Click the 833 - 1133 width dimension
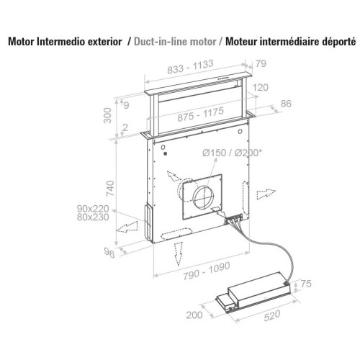pyautogui.click(x=190, y=67)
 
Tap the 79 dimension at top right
pyautogui.click(x=261, y=63)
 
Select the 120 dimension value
pyautogui.click(x=260, y=87)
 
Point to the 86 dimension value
pyautogui.click(x=286, y=104)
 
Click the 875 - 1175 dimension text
pyautogui.click(x=201, y=114)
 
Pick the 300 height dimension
pyautogui.click(x=107, y=115)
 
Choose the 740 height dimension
pyautogui.click(x=110, y=189)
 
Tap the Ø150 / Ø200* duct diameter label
pyautogui.click(x=232, y=153)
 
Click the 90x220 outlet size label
pyautogui.click(x=93, y=209)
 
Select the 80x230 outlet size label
pyautogui.click(x=93, y=217)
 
